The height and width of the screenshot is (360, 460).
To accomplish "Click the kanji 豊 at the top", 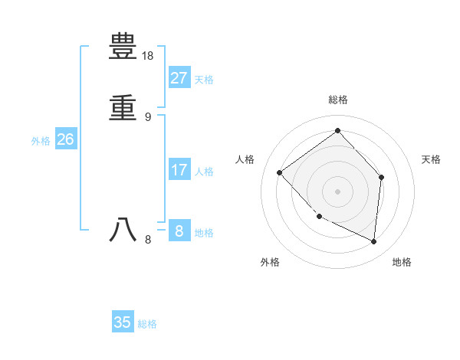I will click(123, 48).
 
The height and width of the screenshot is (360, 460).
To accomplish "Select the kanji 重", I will click(123, 107).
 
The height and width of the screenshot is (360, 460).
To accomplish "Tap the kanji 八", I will click(123, 230).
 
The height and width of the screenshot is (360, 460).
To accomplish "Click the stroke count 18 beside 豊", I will click(148, 56).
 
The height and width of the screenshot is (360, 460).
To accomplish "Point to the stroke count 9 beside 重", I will click(148, 116).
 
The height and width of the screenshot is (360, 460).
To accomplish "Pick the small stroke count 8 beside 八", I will click(148, 240).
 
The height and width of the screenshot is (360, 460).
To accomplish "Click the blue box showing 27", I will click(179, 78).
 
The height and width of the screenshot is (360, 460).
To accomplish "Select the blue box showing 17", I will click(179, 170).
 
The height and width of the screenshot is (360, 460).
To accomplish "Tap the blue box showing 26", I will click(65, 139).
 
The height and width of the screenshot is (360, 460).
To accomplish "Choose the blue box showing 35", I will click(123, 322).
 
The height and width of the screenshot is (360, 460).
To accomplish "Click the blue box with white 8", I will click(179, 231).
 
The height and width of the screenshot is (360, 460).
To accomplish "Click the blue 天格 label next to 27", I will click(204, 80).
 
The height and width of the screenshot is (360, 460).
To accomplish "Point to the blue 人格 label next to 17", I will click(204, 172).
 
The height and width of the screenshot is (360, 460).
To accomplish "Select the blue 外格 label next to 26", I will click(41, 141).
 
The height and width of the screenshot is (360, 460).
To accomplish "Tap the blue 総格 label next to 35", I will click(147, 324).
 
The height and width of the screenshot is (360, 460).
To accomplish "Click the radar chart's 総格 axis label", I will click(338, 100).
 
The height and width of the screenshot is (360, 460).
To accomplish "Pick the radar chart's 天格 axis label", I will click(432, 159).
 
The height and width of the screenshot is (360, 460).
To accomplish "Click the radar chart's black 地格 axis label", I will click(402, 262).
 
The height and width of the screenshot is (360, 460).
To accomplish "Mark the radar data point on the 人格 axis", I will click(280, 172).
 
